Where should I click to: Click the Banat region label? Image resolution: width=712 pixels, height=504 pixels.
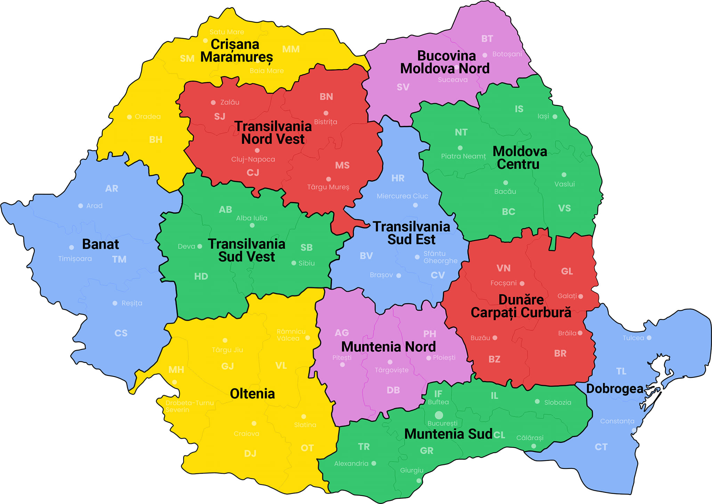[x=100, y=244]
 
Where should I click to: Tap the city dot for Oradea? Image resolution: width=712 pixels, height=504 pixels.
[x=129, y=117]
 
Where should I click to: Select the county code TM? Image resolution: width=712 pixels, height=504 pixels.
[x=119, y=259]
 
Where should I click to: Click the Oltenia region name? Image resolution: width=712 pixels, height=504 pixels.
[x=252, y=394]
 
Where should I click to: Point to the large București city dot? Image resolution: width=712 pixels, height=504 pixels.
[x=439, y=415]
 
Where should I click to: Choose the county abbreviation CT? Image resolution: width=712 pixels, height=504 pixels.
[x=601, y=447]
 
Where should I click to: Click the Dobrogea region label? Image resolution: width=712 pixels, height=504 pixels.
[x=615, y=389]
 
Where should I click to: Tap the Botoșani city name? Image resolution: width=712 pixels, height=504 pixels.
[x=507, y=54]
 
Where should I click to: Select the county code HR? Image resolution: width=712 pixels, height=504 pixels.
[x=398, y=178]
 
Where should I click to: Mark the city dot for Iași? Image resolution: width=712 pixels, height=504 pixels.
[x=555, y=117]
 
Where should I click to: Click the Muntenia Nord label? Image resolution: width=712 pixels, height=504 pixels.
[x=388, y=347]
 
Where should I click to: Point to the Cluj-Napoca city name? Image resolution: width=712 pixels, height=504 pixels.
[x=253, y=159]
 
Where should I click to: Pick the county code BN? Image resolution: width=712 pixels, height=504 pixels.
[x=326, y=97]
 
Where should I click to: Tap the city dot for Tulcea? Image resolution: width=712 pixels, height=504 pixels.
[x=649, y=338]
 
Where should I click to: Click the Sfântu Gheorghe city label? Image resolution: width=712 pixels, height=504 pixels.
[x=440, y=257]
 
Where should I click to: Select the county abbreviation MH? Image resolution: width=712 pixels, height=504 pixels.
[x=176, y=370]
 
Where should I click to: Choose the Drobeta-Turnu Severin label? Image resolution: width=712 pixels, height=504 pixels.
[x=189, y=406]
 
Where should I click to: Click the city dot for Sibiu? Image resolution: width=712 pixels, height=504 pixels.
[x=294, y=263]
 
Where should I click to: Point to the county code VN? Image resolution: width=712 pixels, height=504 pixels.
[x=503, y=268]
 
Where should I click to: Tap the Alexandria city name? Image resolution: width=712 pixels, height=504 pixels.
[x=351, y=464]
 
